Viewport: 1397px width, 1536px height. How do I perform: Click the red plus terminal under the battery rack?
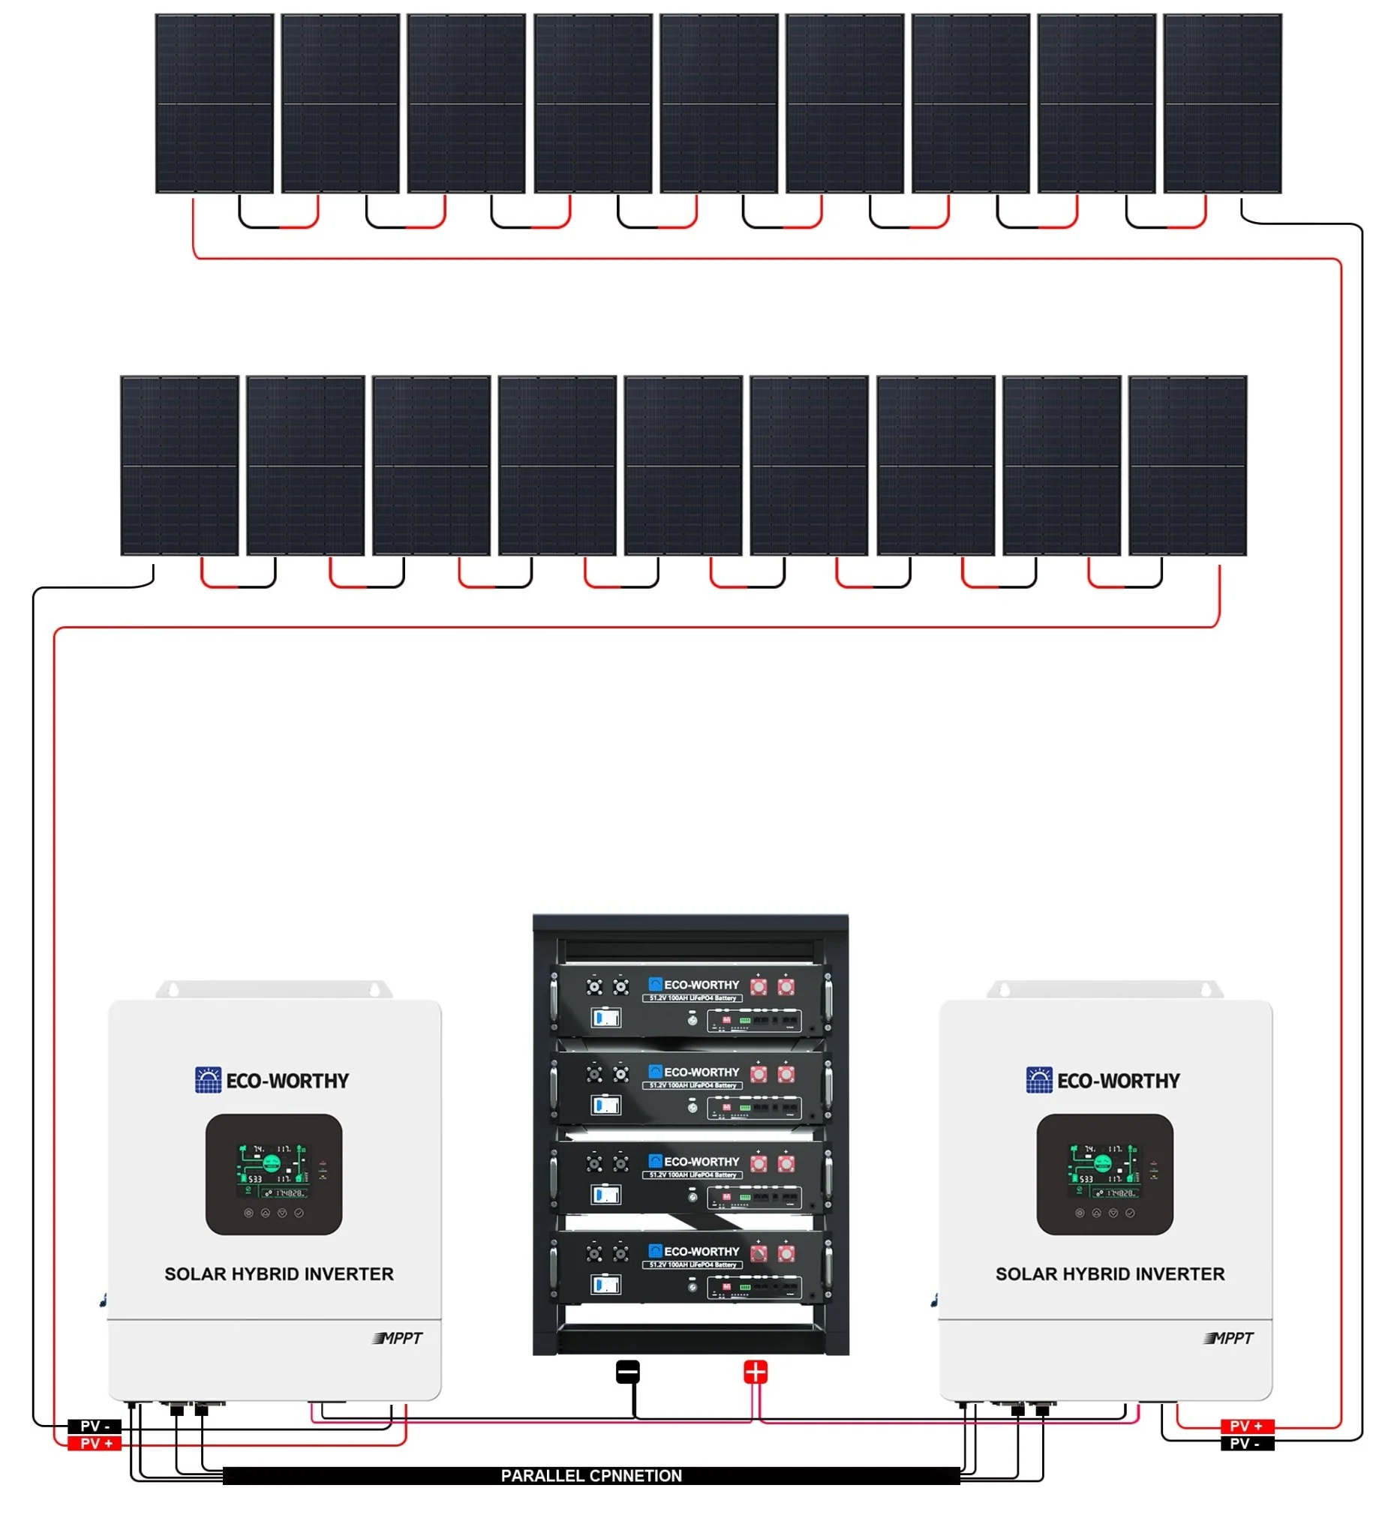755,1372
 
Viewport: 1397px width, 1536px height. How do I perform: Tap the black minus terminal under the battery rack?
627,1372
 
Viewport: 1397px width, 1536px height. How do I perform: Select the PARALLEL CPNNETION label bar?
590,1476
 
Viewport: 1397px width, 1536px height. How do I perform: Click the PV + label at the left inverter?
95,1443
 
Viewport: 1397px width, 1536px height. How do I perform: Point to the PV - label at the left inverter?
95,1426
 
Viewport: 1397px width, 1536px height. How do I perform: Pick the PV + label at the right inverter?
1246,1426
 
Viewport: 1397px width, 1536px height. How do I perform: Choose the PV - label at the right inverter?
1246,1443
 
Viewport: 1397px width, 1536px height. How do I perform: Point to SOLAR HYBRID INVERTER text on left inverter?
279,1274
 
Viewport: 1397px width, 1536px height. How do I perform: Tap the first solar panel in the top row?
214,103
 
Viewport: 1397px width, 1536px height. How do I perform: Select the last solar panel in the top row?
1221,103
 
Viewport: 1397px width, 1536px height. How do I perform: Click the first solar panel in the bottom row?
179,466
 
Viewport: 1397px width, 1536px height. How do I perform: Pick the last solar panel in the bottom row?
1187,466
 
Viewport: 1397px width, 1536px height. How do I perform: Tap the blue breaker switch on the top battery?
606,1017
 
